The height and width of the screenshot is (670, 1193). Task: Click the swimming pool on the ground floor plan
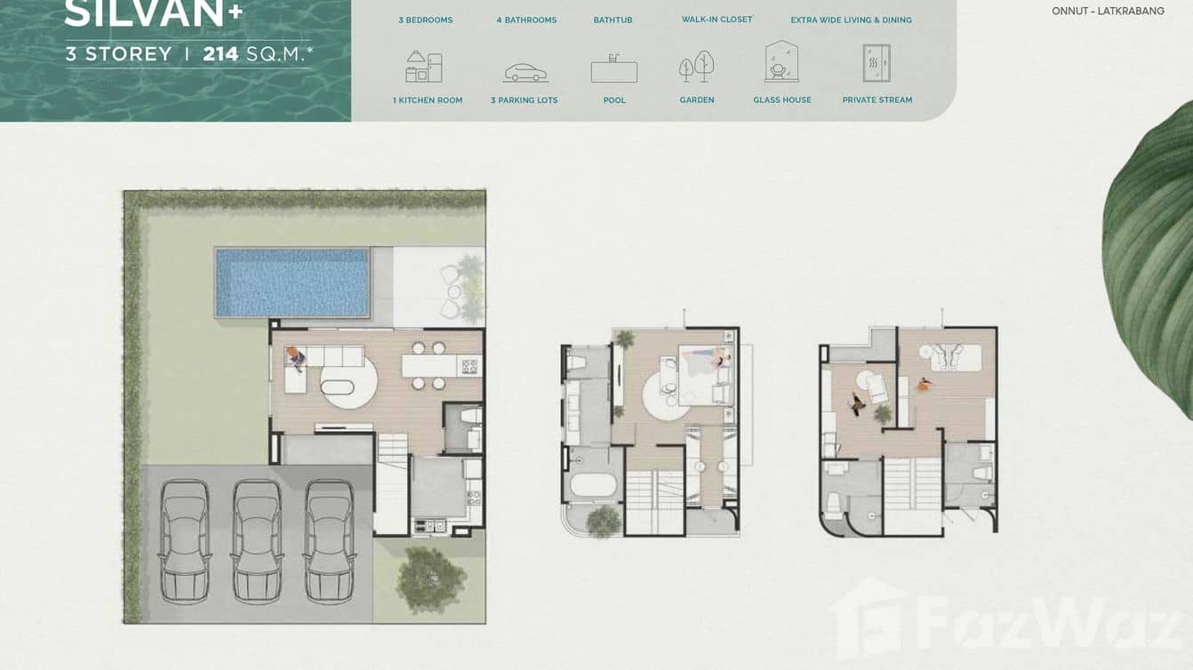[x=292, y=283]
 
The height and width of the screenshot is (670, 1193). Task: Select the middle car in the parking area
[x=257, y=541]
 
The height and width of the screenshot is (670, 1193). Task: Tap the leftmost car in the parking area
[x=185, y=541]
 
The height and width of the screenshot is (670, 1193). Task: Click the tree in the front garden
[x=429, y=578]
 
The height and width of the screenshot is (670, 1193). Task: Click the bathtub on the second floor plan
[x=592, y=486]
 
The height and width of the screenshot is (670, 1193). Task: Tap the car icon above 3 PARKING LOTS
[x=525, y=72]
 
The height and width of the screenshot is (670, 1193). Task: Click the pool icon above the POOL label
[x=614, y=68]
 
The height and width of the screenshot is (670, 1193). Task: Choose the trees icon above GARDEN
[x=697, y=67]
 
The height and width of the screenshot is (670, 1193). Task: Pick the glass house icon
[x=781, y=62]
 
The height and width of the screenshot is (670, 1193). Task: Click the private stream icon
[x=877, y=64]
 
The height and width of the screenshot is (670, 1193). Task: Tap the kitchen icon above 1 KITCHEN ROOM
[x=424, y=68]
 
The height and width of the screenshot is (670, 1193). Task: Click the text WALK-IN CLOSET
[x=717, y=20]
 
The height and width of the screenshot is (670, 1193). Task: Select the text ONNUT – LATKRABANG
[x=1108, y=12]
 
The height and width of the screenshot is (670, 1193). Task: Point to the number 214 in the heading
[x=220, y=54]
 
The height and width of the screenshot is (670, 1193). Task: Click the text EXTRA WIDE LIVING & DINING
[x=851, y=20]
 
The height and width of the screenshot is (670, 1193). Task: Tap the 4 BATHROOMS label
[x=526, y=20]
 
